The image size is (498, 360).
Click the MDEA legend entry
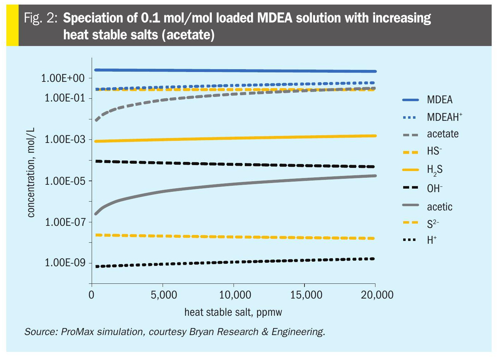[x=439, y=100]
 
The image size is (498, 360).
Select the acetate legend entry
[x=443, y=134]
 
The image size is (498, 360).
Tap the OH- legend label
[x=434, y=189]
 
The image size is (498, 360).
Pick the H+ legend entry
[x=432, y=240]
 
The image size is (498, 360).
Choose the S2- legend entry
[x=433, y=224]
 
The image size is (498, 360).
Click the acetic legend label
[x=439, y=207]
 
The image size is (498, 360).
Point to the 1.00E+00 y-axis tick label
[x=63, y=78]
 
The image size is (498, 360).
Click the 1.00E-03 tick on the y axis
[x=65, y=140]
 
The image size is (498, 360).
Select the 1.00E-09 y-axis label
[x=65, y=263]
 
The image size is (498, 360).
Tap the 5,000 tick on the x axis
[x=164, y=295]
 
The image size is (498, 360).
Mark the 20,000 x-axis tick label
[x=377, y=295]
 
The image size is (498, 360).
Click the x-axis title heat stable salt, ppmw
[x=233, y=312]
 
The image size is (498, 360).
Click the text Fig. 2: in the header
[x=40, y=18]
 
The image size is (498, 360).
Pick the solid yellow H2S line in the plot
[x=234, y=138]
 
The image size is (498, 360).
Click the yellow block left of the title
[x=12, y=25]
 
